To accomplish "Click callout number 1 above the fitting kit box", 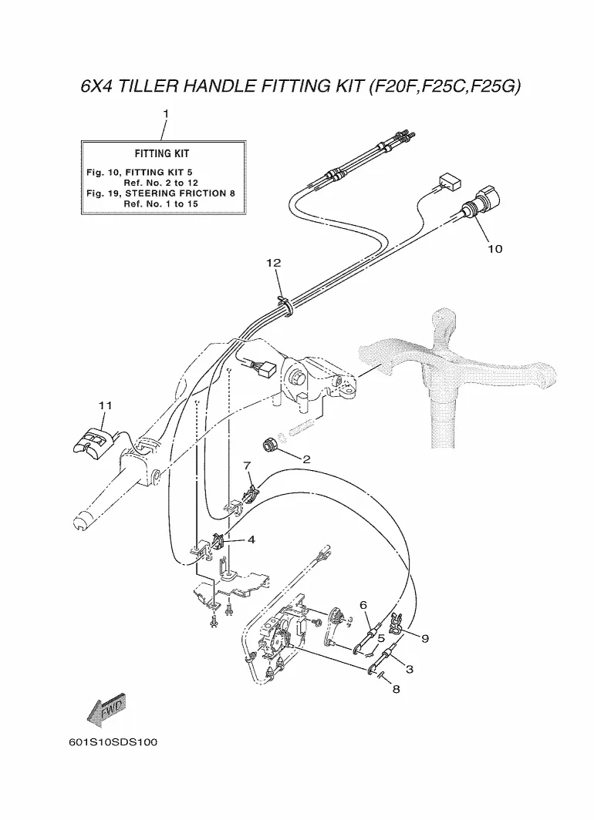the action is pyautogui.click(x=166, y=113).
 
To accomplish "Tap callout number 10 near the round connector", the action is pyautogui.click(x=494, y=249).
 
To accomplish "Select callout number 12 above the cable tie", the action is pyautogui.click(x=274, y=263).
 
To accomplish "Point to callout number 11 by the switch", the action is pyautogui.click(x=105, y=405).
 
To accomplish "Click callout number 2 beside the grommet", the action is pyautogui.click(x=307, y=459).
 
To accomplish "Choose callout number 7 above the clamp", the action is pyautogui.click(x=248, y=465).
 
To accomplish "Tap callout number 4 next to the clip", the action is pyautogui.click(x=251, y=539).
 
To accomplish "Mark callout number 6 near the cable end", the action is pyautogui.click(x=363, y=605).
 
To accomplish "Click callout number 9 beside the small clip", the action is pyautogui.click(x=425, y=638).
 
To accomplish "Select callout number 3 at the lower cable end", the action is pyautogui.click(x=410, y=669).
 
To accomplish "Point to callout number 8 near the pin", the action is pyautogui.click(x=396, y=689).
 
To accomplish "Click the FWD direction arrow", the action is pyautogui.click(x=106, y=711).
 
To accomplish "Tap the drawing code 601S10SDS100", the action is pyautogui.click(x=113, y=742).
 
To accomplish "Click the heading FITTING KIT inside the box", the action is pyautogui.click(x=162, y=154).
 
